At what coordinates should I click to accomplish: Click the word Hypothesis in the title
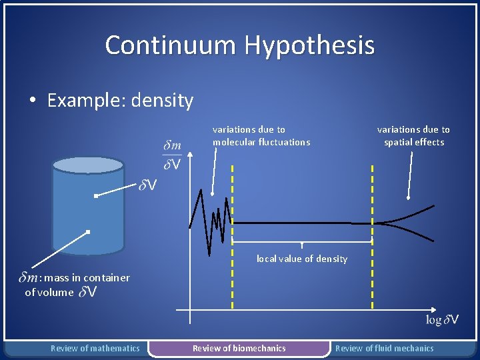coord(309,45)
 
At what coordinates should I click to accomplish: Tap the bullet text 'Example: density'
coord(120,101)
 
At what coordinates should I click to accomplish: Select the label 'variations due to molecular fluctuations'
coord(261,135)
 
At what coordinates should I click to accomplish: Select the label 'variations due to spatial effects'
coord(413,135)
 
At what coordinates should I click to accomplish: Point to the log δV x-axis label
coord(442,320)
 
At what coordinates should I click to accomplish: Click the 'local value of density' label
coord(302,259)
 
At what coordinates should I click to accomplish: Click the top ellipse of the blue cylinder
coord(88,165)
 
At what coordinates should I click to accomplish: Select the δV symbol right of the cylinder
coord(148,185)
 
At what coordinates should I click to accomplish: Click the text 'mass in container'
coord(77,277)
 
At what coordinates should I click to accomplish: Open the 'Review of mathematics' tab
coord(95,348)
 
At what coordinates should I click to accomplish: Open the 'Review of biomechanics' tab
coord(239,348)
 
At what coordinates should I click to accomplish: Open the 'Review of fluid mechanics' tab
coord(384,348)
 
